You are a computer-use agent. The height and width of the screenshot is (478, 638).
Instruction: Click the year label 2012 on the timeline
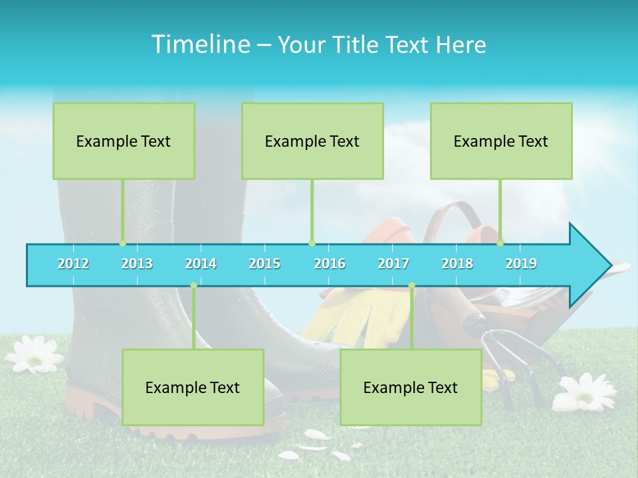tap(73, 264)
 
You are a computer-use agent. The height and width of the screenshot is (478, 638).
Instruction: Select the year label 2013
tap(137, 264)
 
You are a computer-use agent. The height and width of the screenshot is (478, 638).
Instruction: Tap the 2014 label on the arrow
tap(201, 264)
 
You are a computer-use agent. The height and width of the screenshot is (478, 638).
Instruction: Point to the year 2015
tap(265, 264)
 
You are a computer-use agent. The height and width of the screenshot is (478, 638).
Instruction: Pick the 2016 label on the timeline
tap(330, 264)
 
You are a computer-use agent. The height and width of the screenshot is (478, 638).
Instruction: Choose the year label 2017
tap(393, 264)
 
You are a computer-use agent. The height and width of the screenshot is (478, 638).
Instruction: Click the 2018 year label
tap(457, 264)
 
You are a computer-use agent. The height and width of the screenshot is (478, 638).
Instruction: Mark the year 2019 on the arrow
tap(521, 264)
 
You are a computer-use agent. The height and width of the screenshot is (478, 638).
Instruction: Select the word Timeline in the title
tap(200, 44)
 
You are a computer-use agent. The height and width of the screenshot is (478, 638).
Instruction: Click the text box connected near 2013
tap(124, 141)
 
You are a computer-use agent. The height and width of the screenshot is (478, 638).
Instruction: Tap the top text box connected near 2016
tap(312, 141)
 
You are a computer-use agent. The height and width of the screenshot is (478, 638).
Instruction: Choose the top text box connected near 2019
tap(501, 141)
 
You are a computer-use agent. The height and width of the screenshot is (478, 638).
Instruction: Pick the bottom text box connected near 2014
tap(193, 387)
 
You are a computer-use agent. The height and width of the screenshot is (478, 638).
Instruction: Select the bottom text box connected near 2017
tap(411, 387)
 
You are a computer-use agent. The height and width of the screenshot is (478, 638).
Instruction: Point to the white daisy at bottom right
tap(585, 392)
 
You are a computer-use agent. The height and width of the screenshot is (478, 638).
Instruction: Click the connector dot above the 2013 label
tap(122, 243)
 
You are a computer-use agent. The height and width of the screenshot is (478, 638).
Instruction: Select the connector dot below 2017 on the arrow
tap(411, 285)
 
